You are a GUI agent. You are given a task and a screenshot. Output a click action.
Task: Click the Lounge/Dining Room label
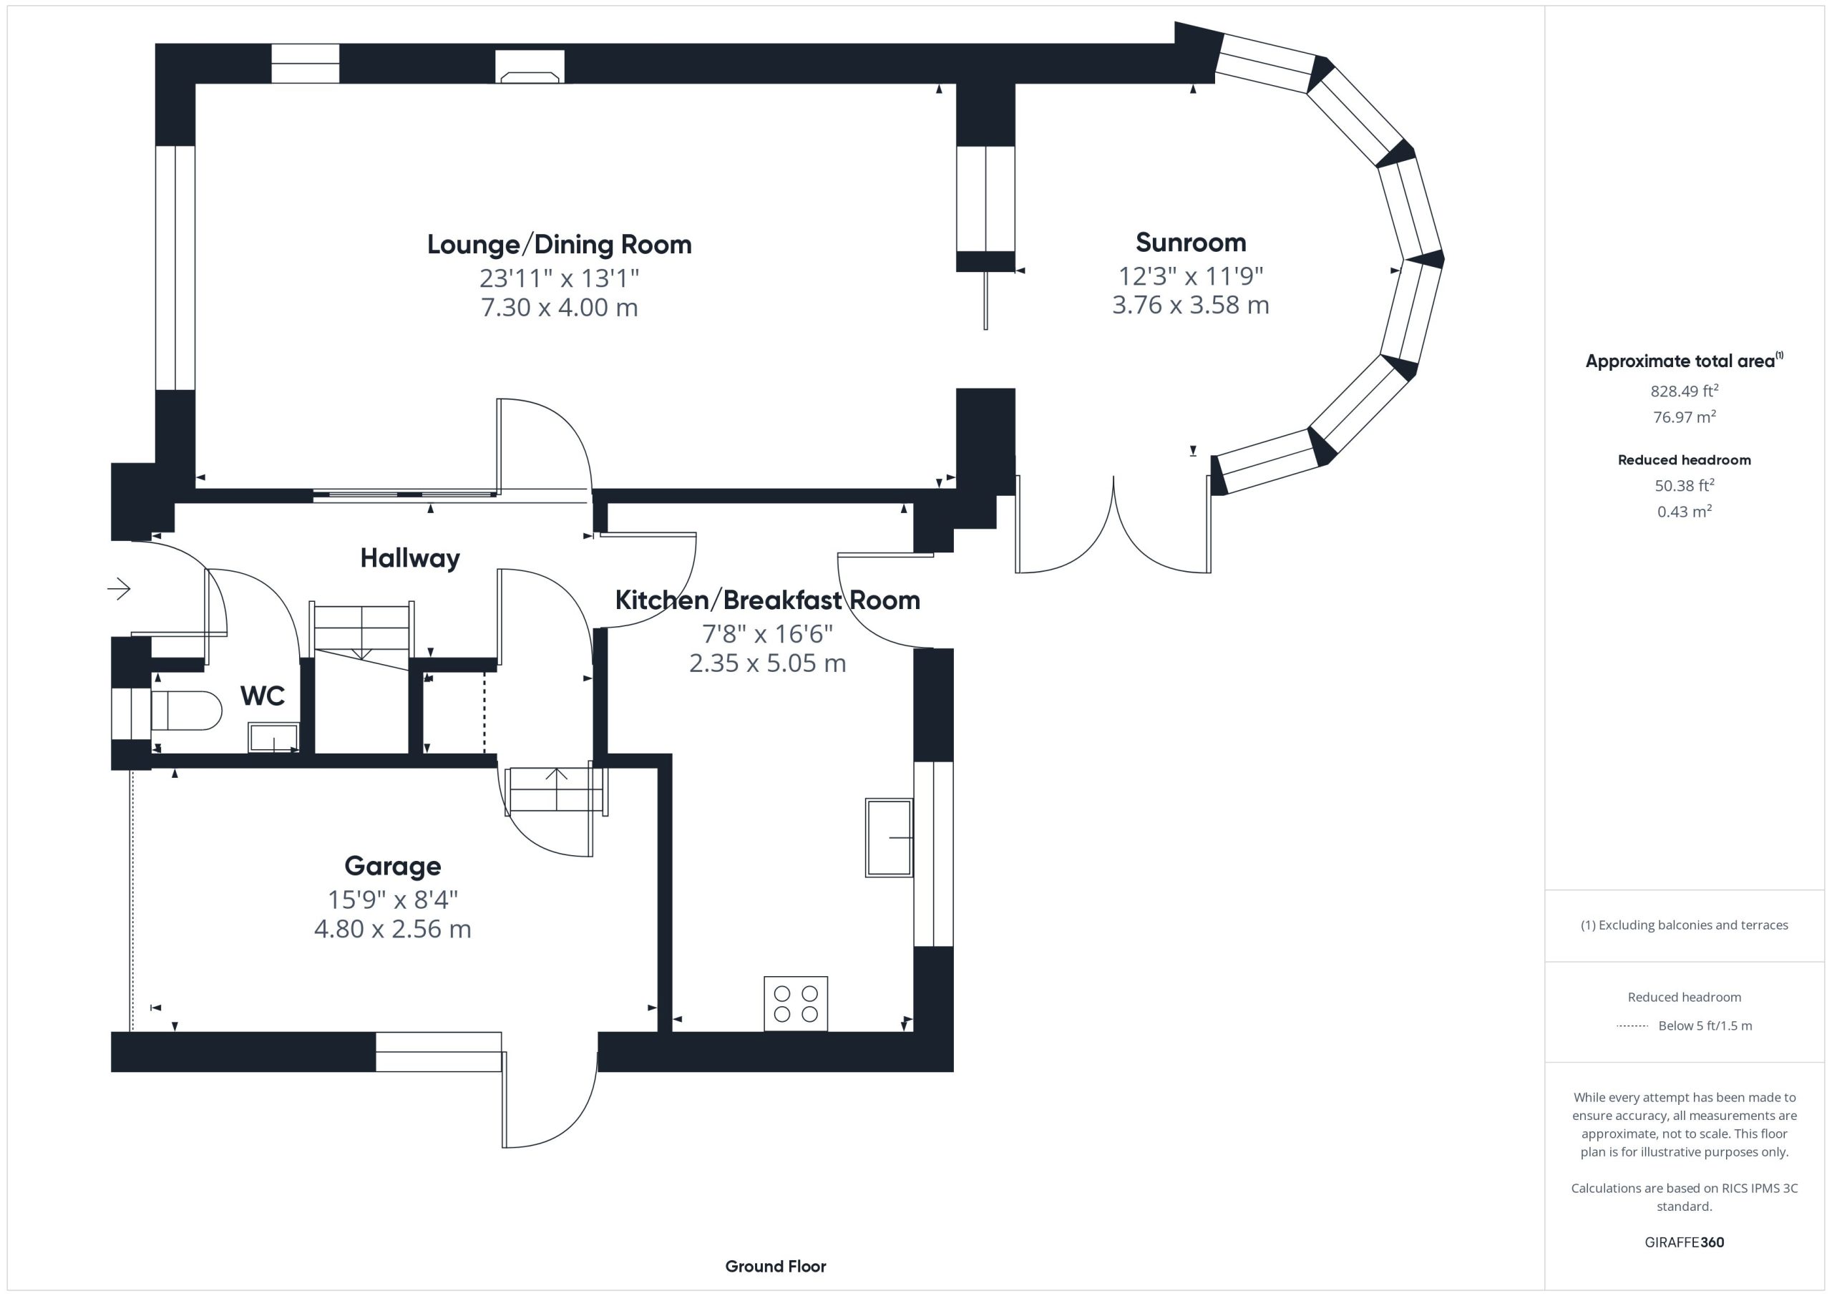(560, 244)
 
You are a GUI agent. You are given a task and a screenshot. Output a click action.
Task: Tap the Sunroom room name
(1191, 242)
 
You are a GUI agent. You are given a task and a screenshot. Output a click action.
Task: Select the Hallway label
(410, 557)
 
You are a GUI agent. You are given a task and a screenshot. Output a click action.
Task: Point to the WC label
(263, 696)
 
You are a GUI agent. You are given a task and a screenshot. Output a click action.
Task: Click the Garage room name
(393, 866)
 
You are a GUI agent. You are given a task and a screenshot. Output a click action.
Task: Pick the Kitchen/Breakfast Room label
(768, 600)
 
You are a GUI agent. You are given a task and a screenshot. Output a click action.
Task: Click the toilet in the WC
(186, 711)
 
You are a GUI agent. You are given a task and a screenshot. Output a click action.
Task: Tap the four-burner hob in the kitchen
(796, 1003)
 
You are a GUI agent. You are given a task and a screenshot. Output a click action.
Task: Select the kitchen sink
(889, 837)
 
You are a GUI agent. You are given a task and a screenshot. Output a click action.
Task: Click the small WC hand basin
(273, 737)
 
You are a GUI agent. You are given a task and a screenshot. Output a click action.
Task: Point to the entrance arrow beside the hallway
(119, 589)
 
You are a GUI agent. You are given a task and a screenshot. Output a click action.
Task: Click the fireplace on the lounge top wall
(530, 67)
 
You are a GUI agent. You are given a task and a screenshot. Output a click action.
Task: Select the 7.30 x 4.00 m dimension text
(560, 307)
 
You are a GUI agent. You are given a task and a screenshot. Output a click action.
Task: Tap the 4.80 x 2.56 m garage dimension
(393, 929)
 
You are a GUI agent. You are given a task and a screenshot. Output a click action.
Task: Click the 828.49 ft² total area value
(1685, 391)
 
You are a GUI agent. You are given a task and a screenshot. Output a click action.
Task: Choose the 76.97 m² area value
(1685, 416)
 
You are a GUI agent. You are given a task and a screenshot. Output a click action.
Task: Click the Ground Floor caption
(776, 1266)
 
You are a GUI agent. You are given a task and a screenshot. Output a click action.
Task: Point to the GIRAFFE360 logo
(1685, 1242)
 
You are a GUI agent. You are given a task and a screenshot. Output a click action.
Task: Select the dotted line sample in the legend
(1632, 1025)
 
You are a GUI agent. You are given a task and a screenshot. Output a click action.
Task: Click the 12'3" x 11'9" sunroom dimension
(1191, 276)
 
